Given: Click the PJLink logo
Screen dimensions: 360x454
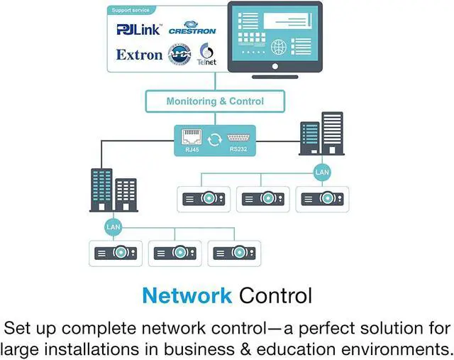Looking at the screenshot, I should coord(139,30).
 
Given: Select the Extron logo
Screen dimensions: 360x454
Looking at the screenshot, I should coord(139,55).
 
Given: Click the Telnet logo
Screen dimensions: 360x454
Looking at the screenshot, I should coord(206,55).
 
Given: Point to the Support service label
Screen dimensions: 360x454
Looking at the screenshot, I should coord(131,10).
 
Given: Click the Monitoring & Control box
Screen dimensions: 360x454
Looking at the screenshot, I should coord(215,102).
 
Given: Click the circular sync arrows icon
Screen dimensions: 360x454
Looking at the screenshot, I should coord(215,139).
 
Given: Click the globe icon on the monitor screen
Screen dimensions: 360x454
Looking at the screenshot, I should coord(279,47).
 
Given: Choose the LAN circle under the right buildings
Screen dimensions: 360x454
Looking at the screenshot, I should coord(322,173).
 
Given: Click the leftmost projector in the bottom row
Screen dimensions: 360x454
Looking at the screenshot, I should coord(116,253).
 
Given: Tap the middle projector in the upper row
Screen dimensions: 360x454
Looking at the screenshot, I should coord(263,199).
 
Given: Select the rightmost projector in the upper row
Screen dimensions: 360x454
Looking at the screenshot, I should coord(322,199).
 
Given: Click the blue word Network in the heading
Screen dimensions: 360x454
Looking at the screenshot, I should coord(187,295).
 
